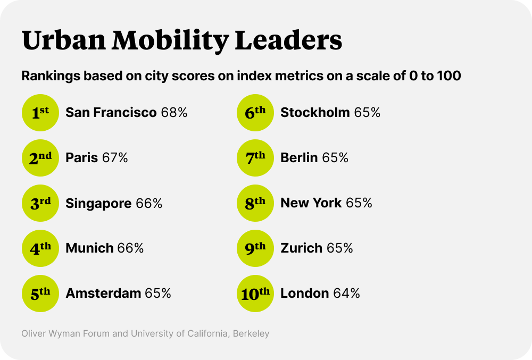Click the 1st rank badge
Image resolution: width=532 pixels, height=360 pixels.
pyautogui.click(x=40, y=113)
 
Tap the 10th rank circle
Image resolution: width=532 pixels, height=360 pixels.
pyautogui.click(x=255, y=294)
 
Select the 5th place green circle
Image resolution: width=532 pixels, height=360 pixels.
pyautogui.click(x=40, y=294)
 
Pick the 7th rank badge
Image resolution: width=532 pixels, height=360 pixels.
pyautogui.click(x=255, y=158)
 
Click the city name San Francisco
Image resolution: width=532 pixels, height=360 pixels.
pyautogui.click(x=111, y=113)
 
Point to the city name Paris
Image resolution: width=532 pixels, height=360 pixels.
pyautogui.click(x=81, y=158)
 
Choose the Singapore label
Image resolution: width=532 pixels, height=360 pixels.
pyautogui.click(x=98, y=203)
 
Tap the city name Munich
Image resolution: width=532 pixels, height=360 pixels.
pyautogui.click(x=89, y=248)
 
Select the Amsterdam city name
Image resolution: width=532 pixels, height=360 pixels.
pyautogui.click(x=103, y=294)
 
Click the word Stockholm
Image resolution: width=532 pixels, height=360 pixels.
pyautogui.click(x=315, y=113)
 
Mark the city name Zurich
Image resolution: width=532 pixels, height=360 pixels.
pyautogui.click(x=301, y=248)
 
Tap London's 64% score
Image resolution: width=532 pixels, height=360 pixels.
pyautogui.click(x=346, y=294)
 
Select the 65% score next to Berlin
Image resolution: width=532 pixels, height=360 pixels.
pyautogui.click(x=335, y=158)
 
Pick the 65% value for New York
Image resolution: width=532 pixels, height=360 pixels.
pyautogui.click(x=359, y=203)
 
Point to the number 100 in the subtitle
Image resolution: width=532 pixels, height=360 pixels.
pyautogui.click(x=448, y=76)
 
